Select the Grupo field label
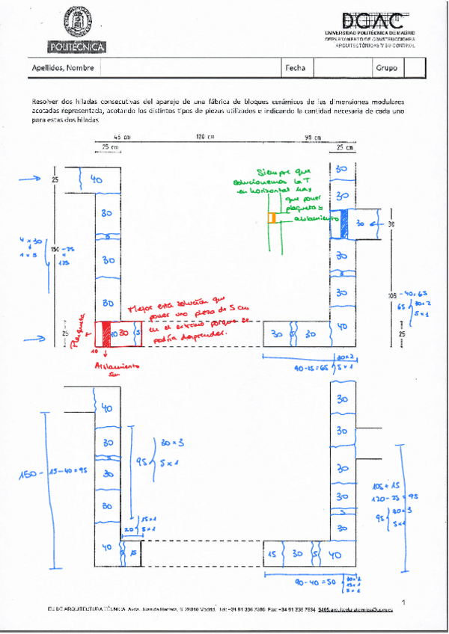387,68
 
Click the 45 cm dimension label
122,137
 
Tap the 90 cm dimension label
312,137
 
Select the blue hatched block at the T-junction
345,223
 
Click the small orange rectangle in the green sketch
273,218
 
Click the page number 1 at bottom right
403,602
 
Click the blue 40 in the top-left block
96,180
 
